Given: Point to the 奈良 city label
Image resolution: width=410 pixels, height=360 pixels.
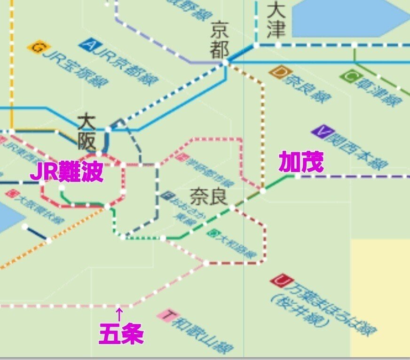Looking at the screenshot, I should [x=208, y=196].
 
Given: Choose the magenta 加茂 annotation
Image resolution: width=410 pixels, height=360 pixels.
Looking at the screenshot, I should [x=301, y=162].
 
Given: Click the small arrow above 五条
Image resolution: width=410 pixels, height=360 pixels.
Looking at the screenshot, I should [x=119, y=313].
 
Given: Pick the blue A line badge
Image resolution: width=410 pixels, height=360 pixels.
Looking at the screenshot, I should [x=87, y=45].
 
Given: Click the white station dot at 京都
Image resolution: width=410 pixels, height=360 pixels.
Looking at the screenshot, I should [x=226, y=63].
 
